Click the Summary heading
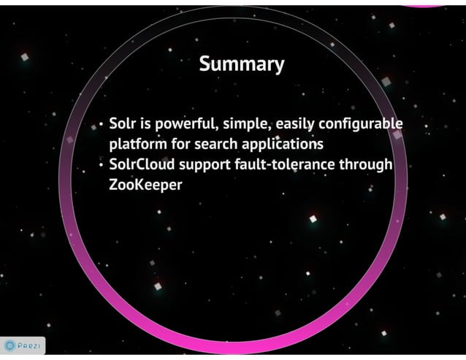(241, 65)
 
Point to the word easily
(297, 122)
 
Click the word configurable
(363, 122)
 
